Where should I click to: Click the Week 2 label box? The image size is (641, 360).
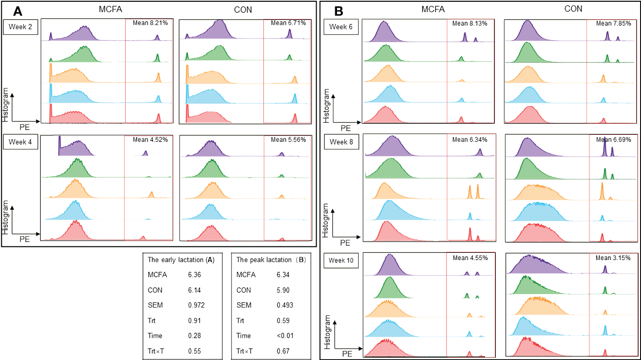click(x=21, y=28)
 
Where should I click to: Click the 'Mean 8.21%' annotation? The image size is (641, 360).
click(x=150, y=23)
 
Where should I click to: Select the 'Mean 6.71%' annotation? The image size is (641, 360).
click(x=288, y=23)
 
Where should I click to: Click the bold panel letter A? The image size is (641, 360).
click(x=17, y=10)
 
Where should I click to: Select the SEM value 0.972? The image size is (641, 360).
click(x=196, y=305)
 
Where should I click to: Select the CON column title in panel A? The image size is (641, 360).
click(x=244, y=9)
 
